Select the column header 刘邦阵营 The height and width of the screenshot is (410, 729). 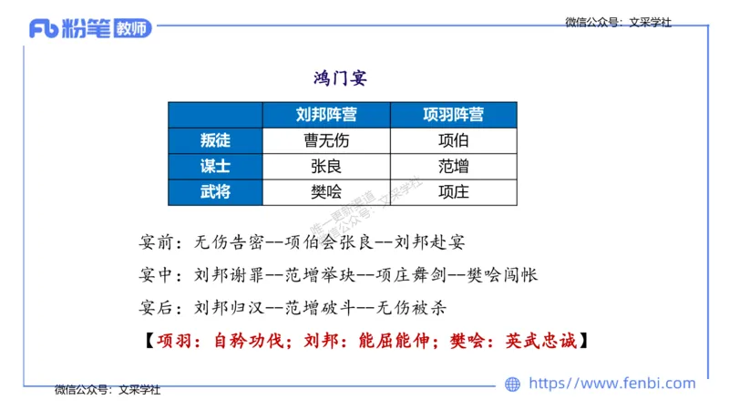pos(325,115)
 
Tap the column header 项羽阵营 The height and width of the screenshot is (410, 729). pos(453,115)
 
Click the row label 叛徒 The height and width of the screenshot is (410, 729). pos(215,140)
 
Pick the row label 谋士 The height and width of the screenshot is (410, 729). pos(215,166)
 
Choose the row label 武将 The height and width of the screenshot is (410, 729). pos(215,191)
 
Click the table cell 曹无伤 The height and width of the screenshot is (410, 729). pos(325,140)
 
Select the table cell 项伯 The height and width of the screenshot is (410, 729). pos(453,140)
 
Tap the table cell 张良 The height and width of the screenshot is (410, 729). pos(325,166)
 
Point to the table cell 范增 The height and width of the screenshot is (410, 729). pos(453,166)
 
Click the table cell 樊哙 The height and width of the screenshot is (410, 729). pos(325,191)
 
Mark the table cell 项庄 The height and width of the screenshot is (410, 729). pos(453,191)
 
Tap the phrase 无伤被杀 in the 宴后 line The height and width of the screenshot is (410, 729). pos(412,307)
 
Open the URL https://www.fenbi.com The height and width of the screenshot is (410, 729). pos(611,384)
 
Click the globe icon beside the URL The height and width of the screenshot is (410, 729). pos(513,384)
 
